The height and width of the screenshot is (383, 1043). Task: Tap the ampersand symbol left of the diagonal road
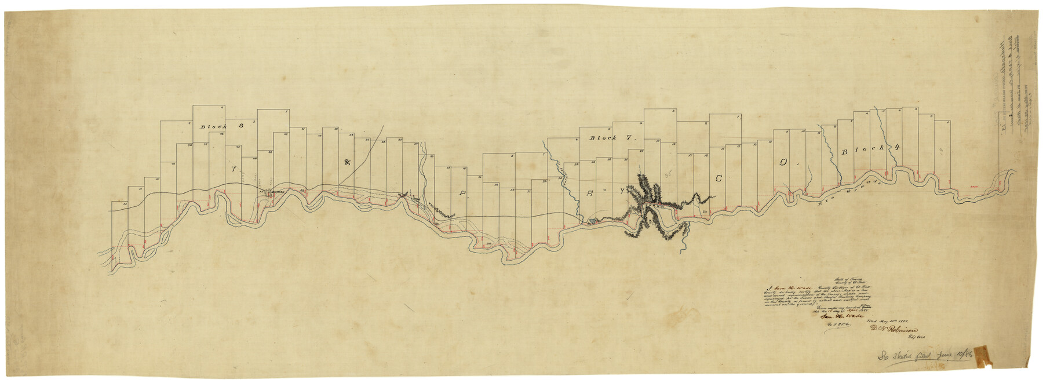point(348,163)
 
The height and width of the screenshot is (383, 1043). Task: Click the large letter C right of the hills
point(719,180)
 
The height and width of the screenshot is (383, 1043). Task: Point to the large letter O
point(783,164)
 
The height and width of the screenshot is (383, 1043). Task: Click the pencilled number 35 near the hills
point(668,173)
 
